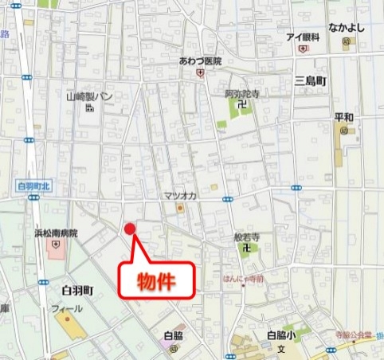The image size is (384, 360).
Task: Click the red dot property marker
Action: point(131,229)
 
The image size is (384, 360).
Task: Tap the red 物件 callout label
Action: point(156,280)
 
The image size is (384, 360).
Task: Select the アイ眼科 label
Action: point(303,37)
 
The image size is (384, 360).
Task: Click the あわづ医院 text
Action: point(200,61)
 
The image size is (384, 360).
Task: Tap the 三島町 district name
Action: point(311,81)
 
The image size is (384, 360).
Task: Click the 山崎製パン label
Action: point(89,97)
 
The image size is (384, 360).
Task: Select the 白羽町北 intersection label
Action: point(33,186)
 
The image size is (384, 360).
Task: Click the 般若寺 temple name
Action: point(247,237)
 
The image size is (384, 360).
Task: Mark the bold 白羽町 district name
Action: point(76,290)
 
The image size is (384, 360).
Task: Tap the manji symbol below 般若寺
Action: point(247,248)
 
